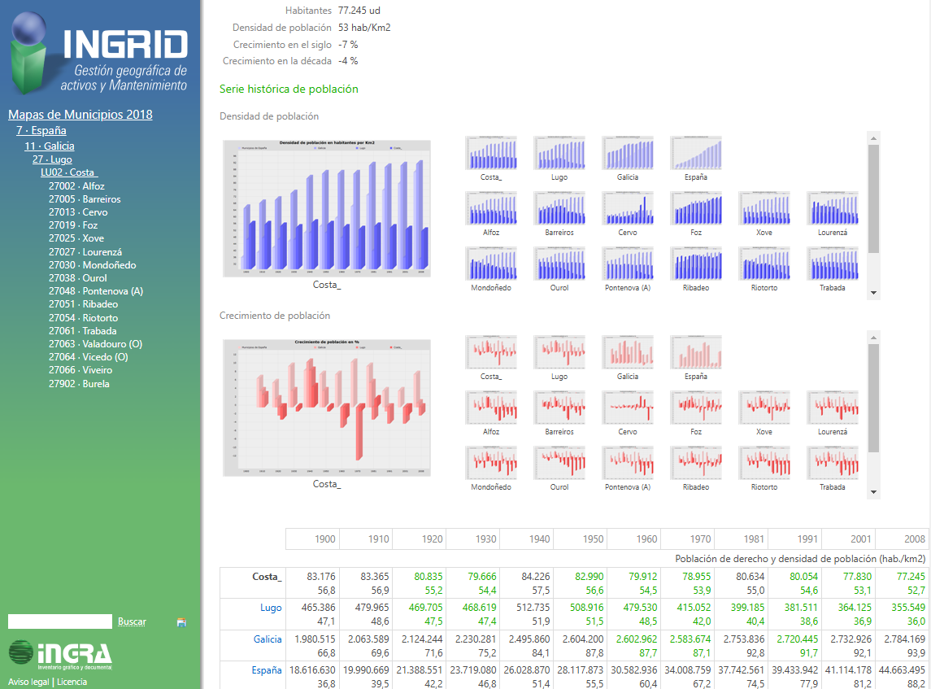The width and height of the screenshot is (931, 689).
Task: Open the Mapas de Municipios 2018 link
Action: click(x=80, y=115)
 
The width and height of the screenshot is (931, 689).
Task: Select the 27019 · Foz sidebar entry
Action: click(x=73, y=225)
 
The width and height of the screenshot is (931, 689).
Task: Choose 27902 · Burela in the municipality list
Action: click(x=79, y=383)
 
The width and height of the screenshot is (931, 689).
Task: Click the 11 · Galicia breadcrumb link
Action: click(x=49, y=146)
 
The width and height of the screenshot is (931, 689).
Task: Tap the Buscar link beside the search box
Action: click(x=132, y=621)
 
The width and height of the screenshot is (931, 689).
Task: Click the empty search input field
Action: click(x=59, y=621)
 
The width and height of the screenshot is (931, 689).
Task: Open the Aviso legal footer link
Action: click(x=28, y=682)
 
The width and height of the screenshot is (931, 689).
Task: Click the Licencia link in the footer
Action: click(x=72, y=682)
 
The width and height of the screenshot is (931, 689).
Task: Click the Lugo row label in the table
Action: click(x=271, y=608)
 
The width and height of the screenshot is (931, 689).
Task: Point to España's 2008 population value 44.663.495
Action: click(x=902, y=669)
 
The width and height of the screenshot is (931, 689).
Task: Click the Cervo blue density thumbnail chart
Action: click(x=628, y=208)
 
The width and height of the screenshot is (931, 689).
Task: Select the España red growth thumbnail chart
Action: click(x=696, y=352)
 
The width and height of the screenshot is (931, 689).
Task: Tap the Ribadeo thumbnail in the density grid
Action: click(x=696, y=264)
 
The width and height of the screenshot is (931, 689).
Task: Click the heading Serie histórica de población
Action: click(x=289, y=89)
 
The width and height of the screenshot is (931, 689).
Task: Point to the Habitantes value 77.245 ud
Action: click(x=359, y=11)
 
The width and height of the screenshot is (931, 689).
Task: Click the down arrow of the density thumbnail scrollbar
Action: click(x=874, y=293)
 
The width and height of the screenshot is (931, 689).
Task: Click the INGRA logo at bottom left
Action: click(x=60, y=654)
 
